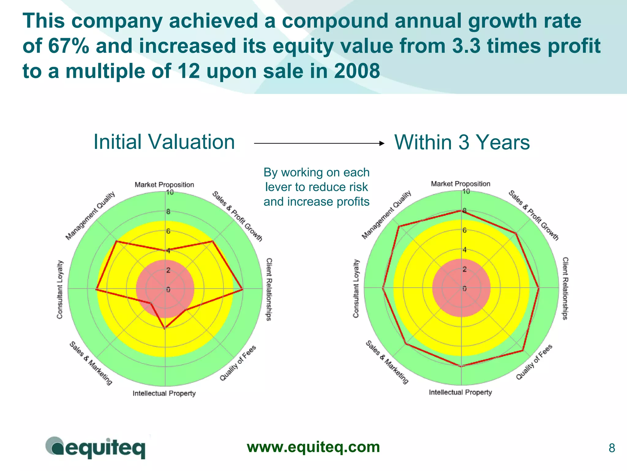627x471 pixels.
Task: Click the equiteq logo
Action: click(96, 448)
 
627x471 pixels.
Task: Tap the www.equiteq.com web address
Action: click(313, 447)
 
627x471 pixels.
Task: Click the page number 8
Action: click(612, 448)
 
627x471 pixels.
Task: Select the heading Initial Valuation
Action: click(164, 142)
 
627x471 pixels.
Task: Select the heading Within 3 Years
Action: click(462, 142)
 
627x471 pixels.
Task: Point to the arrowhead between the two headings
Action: click(381, 143)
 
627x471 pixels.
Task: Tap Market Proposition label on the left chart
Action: click(164, 184)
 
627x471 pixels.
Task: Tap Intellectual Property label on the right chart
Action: click(460, 392)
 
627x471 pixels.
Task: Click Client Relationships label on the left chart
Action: click(269, 289)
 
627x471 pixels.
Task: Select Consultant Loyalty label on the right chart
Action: click(356, 288)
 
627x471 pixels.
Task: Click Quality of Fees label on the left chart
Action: click(238, 363)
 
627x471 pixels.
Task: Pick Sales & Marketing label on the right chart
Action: click(387, 362)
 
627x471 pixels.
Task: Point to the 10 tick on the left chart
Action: click(170, 192)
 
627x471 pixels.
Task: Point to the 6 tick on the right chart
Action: click(464, 230)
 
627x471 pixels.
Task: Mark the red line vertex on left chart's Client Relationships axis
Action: click(242, 289)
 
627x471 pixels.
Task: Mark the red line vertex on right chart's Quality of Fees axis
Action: click(523, 350)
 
